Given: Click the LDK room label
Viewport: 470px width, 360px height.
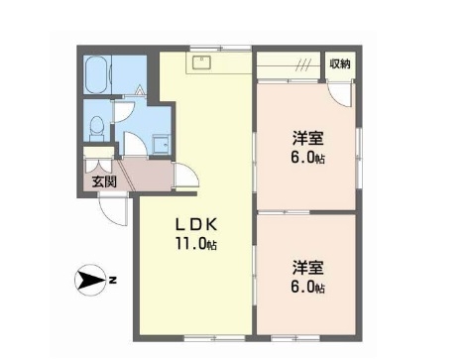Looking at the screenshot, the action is (195, 224).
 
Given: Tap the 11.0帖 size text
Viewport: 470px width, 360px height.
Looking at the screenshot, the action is (195, 244).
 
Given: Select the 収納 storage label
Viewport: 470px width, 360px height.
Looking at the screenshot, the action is (340, 63).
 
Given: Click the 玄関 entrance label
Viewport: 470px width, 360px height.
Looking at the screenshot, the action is (104, 181).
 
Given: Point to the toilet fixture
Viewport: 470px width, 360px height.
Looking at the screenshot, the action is (97, 128).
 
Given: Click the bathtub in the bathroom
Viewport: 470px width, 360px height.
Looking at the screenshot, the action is (97, 74).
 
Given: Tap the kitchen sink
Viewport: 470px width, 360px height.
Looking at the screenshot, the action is (201, 62).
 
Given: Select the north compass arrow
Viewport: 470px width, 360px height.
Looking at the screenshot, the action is (90, 281).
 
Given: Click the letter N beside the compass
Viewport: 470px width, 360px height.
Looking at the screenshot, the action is (113, 281).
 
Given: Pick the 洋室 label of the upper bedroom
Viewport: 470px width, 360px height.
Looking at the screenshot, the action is (307, 138).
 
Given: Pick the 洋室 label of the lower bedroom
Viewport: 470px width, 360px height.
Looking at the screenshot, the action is (307, 268).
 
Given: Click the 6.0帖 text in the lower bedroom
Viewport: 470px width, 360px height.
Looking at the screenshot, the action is (307, 288).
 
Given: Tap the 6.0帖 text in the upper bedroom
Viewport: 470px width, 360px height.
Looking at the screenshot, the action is (307, 158).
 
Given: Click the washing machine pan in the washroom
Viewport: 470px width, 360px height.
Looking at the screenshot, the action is (161, 144).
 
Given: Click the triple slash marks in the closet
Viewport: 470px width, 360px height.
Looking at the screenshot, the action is (303, 65).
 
